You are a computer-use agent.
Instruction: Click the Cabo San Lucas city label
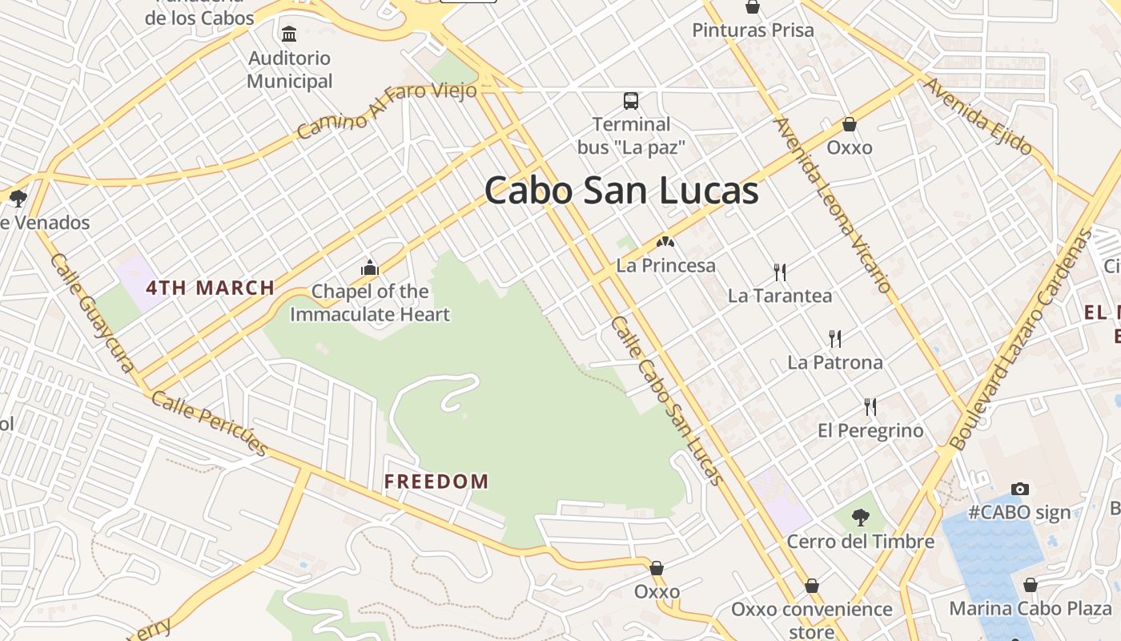(x=621, y=191)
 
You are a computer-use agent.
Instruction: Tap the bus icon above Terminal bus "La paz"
(x=631, y=101)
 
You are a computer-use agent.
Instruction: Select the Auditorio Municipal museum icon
(x=289, y=34)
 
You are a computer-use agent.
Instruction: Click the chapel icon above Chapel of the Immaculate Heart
(x=369, y=267)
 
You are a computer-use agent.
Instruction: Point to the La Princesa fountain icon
(x=665, y=241)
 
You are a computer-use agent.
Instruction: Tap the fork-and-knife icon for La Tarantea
(x=780, y=272)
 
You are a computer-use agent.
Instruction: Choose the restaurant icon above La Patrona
(x=835, y=339)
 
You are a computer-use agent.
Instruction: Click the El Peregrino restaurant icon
(x=870, y=407)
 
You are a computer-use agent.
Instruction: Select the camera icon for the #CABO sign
(x=1019, y=489)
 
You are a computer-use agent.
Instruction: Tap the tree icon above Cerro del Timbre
(x=861, y=518)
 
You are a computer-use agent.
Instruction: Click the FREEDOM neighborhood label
(x=436, y=482)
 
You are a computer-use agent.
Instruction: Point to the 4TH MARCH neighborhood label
(x=211, y=288)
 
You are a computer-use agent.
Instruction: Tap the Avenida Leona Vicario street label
(x=833, y=205)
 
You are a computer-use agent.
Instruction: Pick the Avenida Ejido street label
(x=978, y=116)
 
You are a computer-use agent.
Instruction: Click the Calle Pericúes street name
(x=209, y=424)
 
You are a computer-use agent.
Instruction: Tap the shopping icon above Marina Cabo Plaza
(x=1031, y=585)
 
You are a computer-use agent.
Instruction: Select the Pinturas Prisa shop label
(x=753, y=30)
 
